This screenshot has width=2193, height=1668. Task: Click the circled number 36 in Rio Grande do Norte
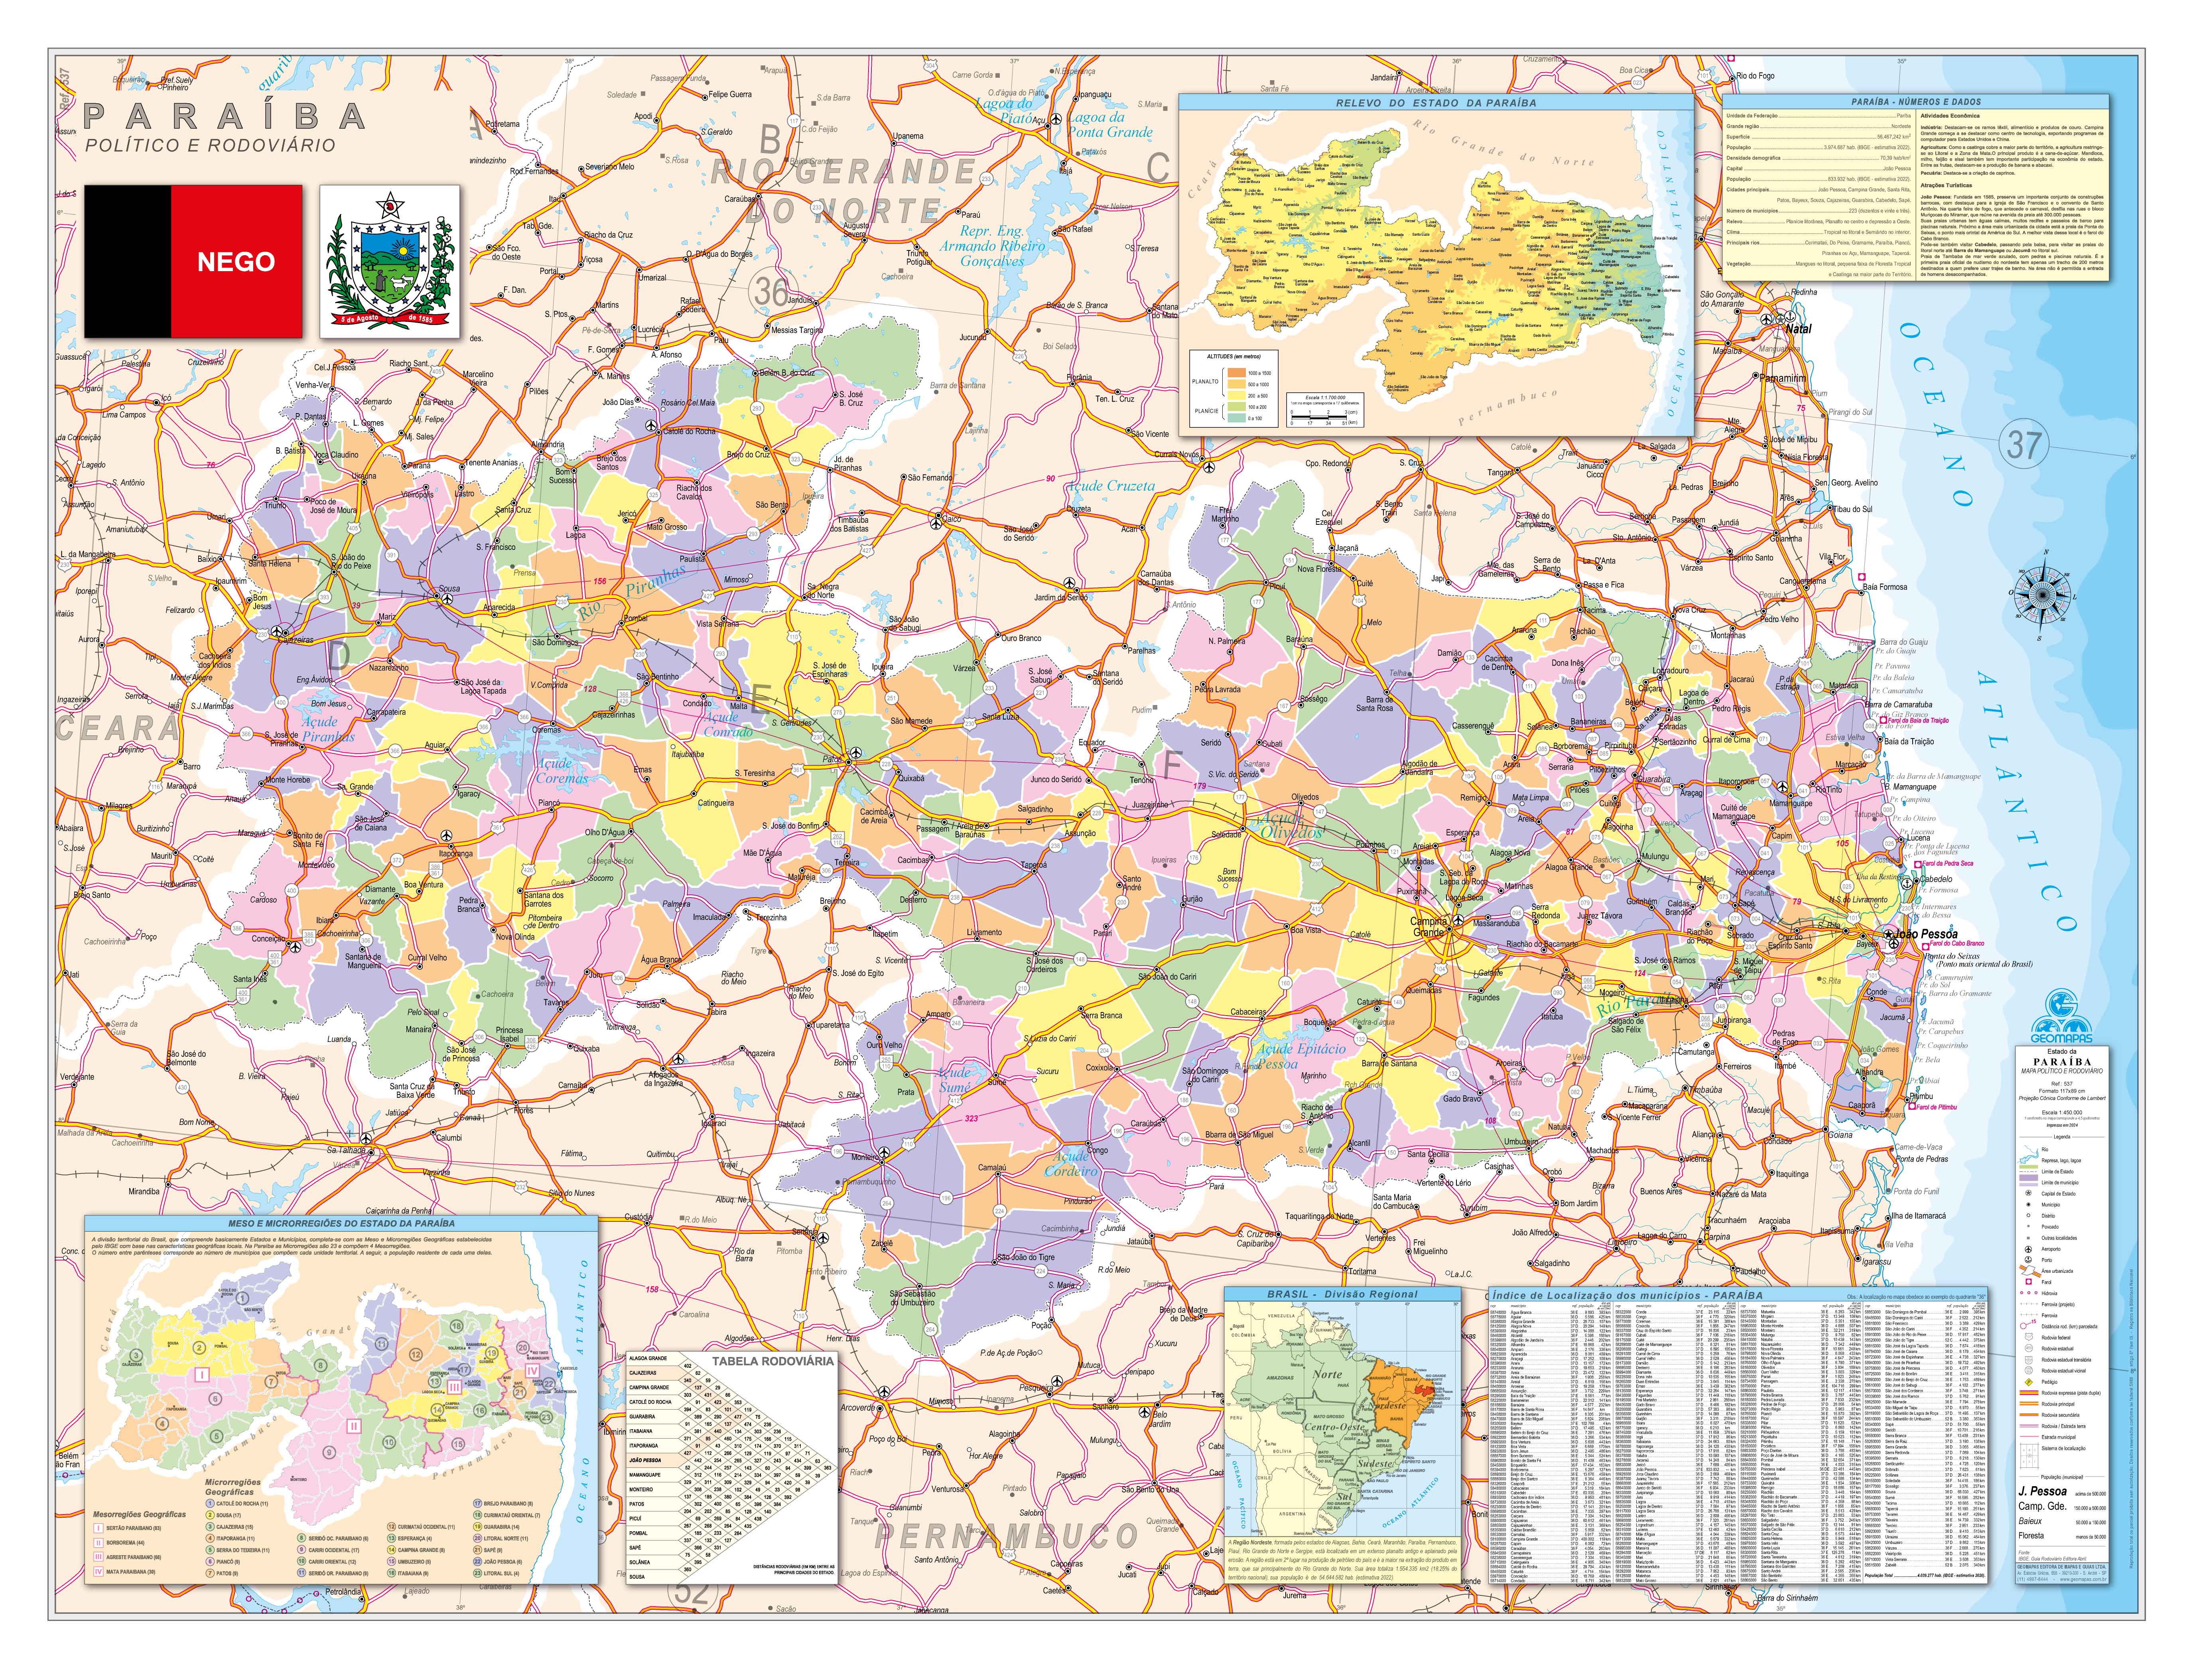point(770,291)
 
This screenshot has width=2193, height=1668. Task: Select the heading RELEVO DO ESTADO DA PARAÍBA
point(1436,102)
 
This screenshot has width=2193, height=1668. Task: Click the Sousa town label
point(449,589)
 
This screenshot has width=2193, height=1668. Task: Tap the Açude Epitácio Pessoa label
point(1300,1056)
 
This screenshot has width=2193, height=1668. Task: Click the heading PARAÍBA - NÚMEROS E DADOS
point(1915,102)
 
